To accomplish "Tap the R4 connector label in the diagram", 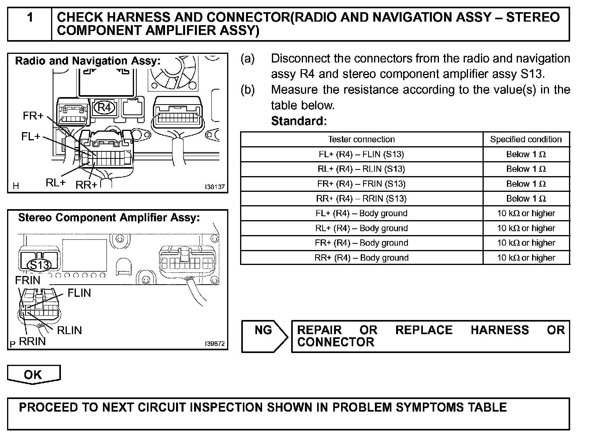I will click(x=105, y=108).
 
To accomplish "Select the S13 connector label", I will click(x=39, y=265).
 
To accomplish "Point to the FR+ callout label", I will click(x=33, y=116).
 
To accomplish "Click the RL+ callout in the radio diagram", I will click(x=56, y=183).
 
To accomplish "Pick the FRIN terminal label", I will click(x=28, y=281).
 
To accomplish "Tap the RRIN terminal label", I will click(x=32, y=341).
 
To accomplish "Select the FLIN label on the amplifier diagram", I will click(x=79, y=293).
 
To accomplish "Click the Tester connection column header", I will click(x=361, y=140).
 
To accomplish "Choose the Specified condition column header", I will click(x=526, y=140).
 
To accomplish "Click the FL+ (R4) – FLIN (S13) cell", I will click(x=361, y=154).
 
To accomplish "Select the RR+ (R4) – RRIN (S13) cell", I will click(x=361, y=199).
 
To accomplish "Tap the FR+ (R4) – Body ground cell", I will click(x=361, y=243).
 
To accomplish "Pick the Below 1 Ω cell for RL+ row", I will click(x=526, y=169).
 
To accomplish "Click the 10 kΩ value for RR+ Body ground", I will click(x=526, y=258).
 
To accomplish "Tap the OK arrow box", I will click(x=33, y=375).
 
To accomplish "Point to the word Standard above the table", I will click(x=299, y=121).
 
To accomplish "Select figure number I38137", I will click(x=215, y=187).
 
